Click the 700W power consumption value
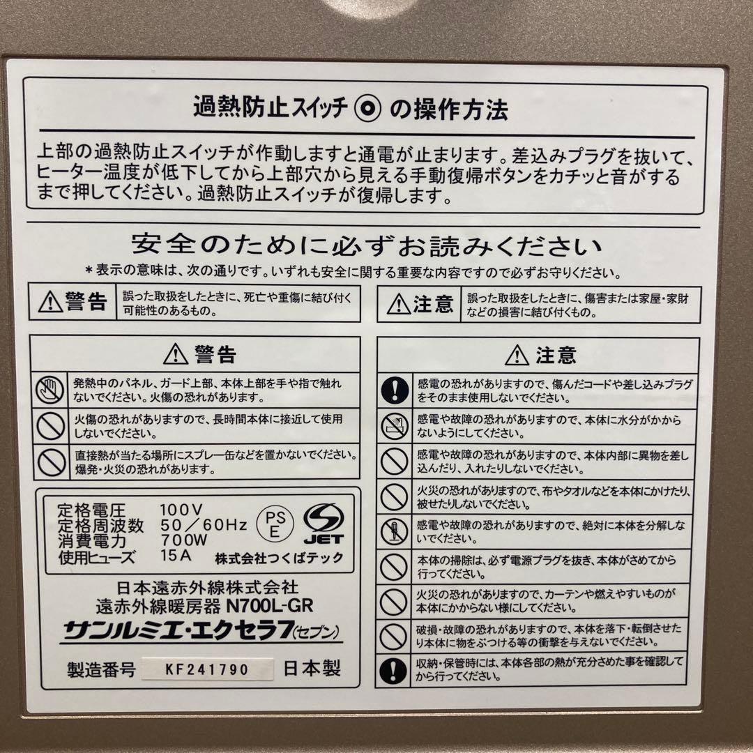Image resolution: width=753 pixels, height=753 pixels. click(x=184, y=540)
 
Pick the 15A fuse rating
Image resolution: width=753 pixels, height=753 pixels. click(x=174, y=556)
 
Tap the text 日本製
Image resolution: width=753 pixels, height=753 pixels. click(x=312, y=669)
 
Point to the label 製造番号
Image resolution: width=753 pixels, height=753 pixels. click(x=100, y=671)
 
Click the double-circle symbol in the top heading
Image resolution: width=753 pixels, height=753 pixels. click(x=367, y=109)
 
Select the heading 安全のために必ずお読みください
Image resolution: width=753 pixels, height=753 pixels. click(x=366, y=246)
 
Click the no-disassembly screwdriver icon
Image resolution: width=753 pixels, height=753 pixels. click(x=394, y=531)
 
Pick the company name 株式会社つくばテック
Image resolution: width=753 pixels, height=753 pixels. click(x=279, y=559)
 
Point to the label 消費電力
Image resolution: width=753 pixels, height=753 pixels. click(x=91, y=540)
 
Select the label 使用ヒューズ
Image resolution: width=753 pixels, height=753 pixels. click(x=97, y=556)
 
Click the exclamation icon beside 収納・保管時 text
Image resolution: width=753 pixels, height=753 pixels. click(x=394, y=669)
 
